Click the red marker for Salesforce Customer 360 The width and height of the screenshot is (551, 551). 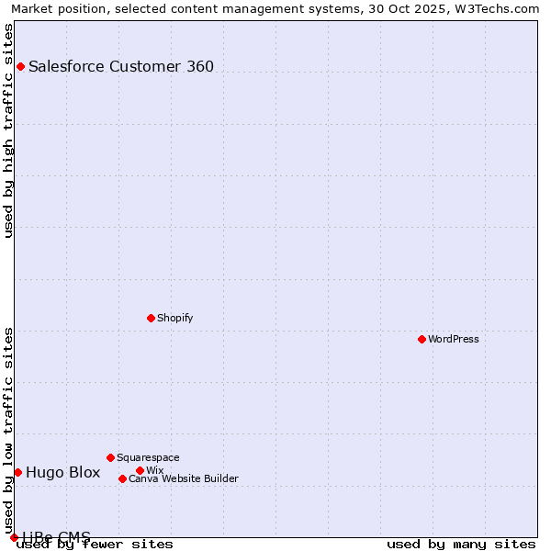pyautogui.click(x=20, y=66)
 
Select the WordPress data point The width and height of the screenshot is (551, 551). pyautogui.click(x=422, y=339)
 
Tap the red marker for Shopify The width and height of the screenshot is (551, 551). pyautogui.click(x=151, y=318)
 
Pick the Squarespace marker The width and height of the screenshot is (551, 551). pyautogui.click(x=110, y=457)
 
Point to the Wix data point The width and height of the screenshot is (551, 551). pyautogui.click(x=140, y=470)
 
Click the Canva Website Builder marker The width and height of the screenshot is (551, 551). pyautogui.click(x=122, y=478)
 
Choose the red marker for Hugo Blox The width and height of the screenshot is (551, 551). pyautogui.click(x=17, y=472)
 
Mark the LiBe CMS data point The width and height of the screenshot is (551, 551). pyautogui.click(x=14, y=537)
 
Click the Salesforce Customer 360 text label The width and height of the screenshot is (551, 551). pyautogui.click(x=121, y=66)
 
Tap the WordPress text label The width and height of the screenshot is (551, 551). pyautogui.click(x=454, y=339)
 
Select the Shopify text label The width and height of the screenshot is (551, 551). pyautogui.click(x=174, y=318)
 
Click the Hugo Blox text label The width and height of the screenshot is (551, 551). pyautogui.click(x=62, y=472)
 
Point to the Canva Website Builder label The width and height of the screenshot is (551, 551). pyautogui.click(x=184, y=478)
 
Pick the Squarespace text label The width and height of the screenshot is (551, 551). pyautogui.click(x=148, y=457)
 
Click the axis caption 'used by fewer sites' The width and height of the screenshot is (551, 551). pyautogui.click(x=96, y=545)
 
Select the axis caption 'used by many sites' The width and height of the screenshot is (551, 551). pyautogui.click(x=461, y=545)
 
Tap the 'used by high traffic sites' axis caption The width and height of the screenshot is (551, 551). pyautogui.click(x=8, y=130)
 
